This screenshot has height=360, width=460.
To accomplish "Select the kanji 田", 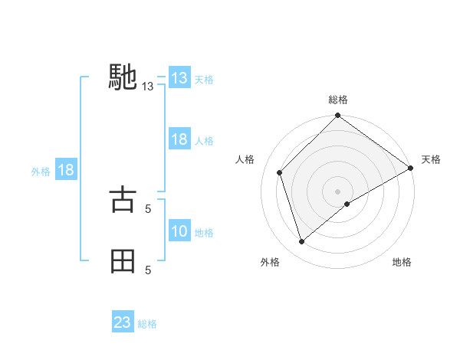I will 123,260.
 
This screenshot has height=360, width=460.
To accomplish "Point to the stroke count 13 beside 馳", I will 148,87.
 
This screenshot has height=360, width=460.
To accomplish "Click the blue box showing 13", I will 179,78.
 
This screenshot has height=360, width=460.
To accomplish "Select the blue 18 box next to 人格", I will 179,139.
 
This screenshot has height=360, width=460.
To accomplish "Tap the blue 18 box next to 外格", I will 65,170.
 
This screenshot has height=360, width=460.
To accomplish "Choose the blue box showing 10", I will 179,231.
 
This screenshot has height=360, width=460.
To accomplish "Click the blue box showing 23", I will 123,322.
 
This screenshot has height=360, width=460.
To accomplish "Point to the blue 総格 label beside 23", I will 147,324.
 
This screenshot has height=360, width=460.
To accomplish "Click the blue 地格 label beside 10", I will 204,233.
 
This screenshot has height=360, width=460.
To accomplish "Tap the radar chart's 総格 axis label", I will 338,100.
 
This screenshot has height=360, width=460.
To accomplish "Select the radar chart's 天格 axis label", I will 431,159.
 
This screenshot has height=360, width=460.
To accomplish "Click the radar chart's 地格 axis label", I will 402,262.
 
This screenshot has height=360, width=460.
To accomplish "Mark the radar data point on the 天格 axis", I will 411,168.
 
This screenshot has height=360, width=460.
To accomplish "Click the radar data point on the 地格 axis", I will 347,204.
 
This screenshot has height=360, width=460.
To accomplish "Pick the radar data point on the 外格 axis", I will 302,242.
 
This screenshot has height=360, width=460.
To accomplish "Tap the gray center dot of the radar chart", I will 338,191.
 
